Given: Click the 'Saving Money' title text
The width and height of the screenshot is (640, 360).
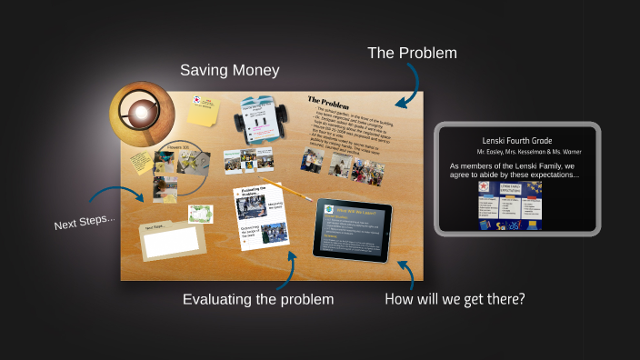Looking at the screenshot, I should click(x=229, y=70).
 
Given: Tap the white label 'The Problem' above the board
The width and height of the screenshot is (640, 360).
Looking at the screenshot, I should click(x=412, y=54).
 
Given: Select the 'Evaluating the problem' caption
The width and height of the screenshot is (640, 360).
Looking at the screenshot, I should click(x=258, y=299).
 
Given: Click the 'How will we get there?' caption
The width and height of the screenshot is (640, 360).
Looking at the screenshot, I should click(x=455, y=298).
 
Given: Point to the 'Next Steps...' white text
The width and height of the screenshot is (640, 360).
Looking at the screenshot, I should click(x=85, y=221).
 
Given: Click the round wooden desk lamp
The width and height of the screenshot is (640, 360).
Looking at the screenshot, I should click(x=141, y=113).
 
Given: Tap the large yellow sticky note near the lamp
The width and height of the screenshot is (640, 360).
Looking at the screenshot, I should click(x=203, y=111).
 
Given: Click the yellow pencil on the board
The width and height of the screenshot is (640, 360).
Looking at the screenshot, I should click(x=290, y=191).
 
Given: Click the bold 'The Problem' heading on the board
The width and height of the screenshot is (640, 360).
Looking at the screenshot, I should click(x=329, y=101).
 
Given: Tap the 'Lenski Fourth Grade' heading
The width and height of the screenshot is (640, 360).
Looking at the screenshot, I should click(x=516, y=140).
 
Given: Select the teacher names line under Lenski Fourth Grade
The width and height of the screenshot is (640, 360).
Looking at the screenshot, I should click(x=516, y=152).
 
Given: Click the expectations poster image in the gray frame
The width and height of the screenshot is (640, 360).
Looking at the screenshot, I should click(x=516, y=205).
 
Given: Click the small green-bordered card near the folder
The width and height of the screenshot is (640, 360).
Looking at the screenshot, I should click(x=200, y=215).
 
